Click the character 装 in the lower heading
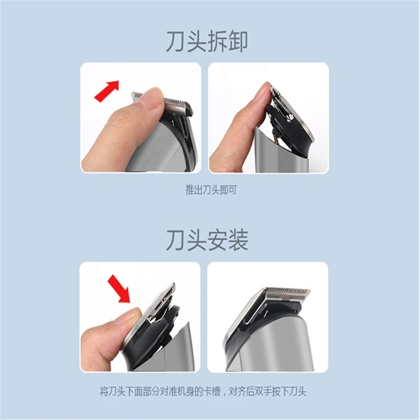point(237,240)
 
